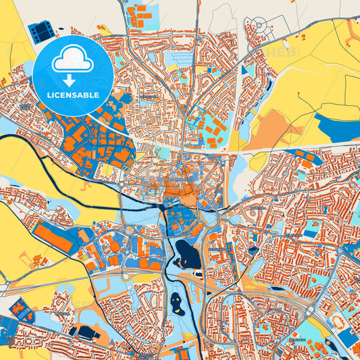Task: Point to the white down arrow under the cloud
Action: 73,80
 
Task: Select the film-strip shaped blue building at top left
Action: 42,30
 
